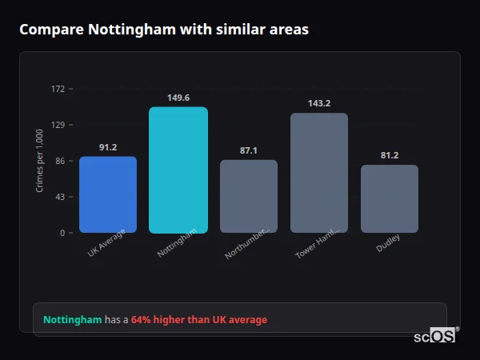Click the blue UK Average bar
point(108,194)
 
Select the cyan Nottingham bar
point(178,170)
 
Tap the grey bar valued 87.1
point(249,196)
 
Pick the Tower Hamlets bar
point(319,173)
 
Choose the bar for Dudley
point(390,198)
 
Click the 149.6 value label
point(178,98)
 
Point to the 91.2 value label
point(108,147)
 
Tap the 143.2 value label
point(319,103)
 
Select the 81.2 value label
point(390,155)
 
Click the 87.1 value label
point(249,150)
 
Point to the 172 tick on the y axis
point(58,89)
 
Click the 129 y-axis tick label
point(58,125)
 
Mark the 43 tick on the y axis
point(60,197)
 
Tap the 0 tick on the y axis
point(62,233)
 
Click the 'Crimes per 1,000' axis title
point(40,161)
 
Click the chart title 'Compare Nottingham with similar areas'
point(163,30)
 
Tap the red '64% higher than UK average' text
point(199,320)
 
